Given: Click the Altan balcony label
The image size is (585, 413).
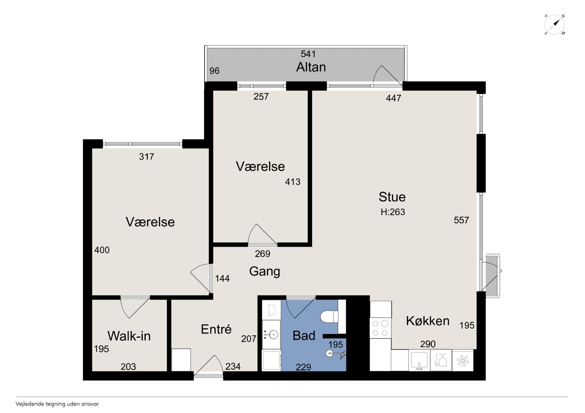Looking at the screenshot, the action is [x=311, y=67].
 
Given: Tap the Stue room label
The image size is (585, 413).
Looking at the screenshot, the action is [x=392, y=197].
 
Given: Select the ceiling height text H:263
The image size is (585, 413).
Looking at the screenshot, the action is [x=393, y=212].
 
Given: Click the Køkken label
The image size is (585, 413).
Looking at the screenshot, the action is [x=427, y=321].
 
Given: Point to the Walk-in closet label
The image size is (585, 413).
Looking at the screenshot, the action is [x=129, y=336].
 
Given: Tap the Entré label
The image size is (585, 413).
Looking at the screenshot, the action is [x=216, y=329].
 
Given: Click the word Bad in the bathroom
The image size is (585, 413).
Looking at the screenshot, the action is [x=304, y=335].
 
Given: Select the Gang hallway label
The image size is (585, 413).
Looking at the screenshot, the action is [x=264, y=271].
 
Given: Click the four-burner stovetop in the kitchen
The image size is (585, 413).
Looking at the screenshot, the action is [x=380, y=328].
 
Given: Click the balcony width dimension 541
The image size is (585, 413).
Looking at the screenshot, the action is [x=308, y=54].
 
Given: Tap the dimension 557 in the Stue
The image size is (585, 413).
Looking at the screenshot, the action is [x=461, y=220].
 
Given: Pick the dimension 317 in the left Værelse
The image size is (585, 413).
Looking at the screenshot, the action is [x=146, y=156].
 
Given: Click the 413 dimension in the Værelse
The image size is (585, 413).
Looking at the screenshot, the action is [x=292, y=182].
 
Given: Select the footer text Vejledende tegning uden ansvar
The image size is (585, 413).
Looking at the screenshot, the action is [x=57, y=404].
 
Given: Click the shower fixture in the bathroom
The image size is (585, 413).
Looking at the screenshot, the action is [x=336, y=354].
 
